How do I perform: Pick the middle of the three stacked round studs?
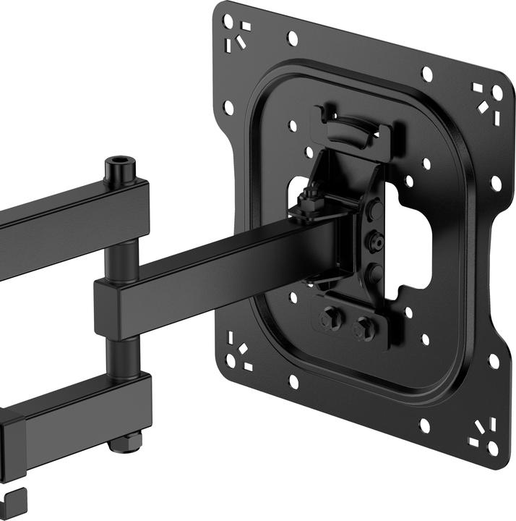point(374,241)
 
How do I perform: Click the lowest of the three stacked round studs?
point(374,272)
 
